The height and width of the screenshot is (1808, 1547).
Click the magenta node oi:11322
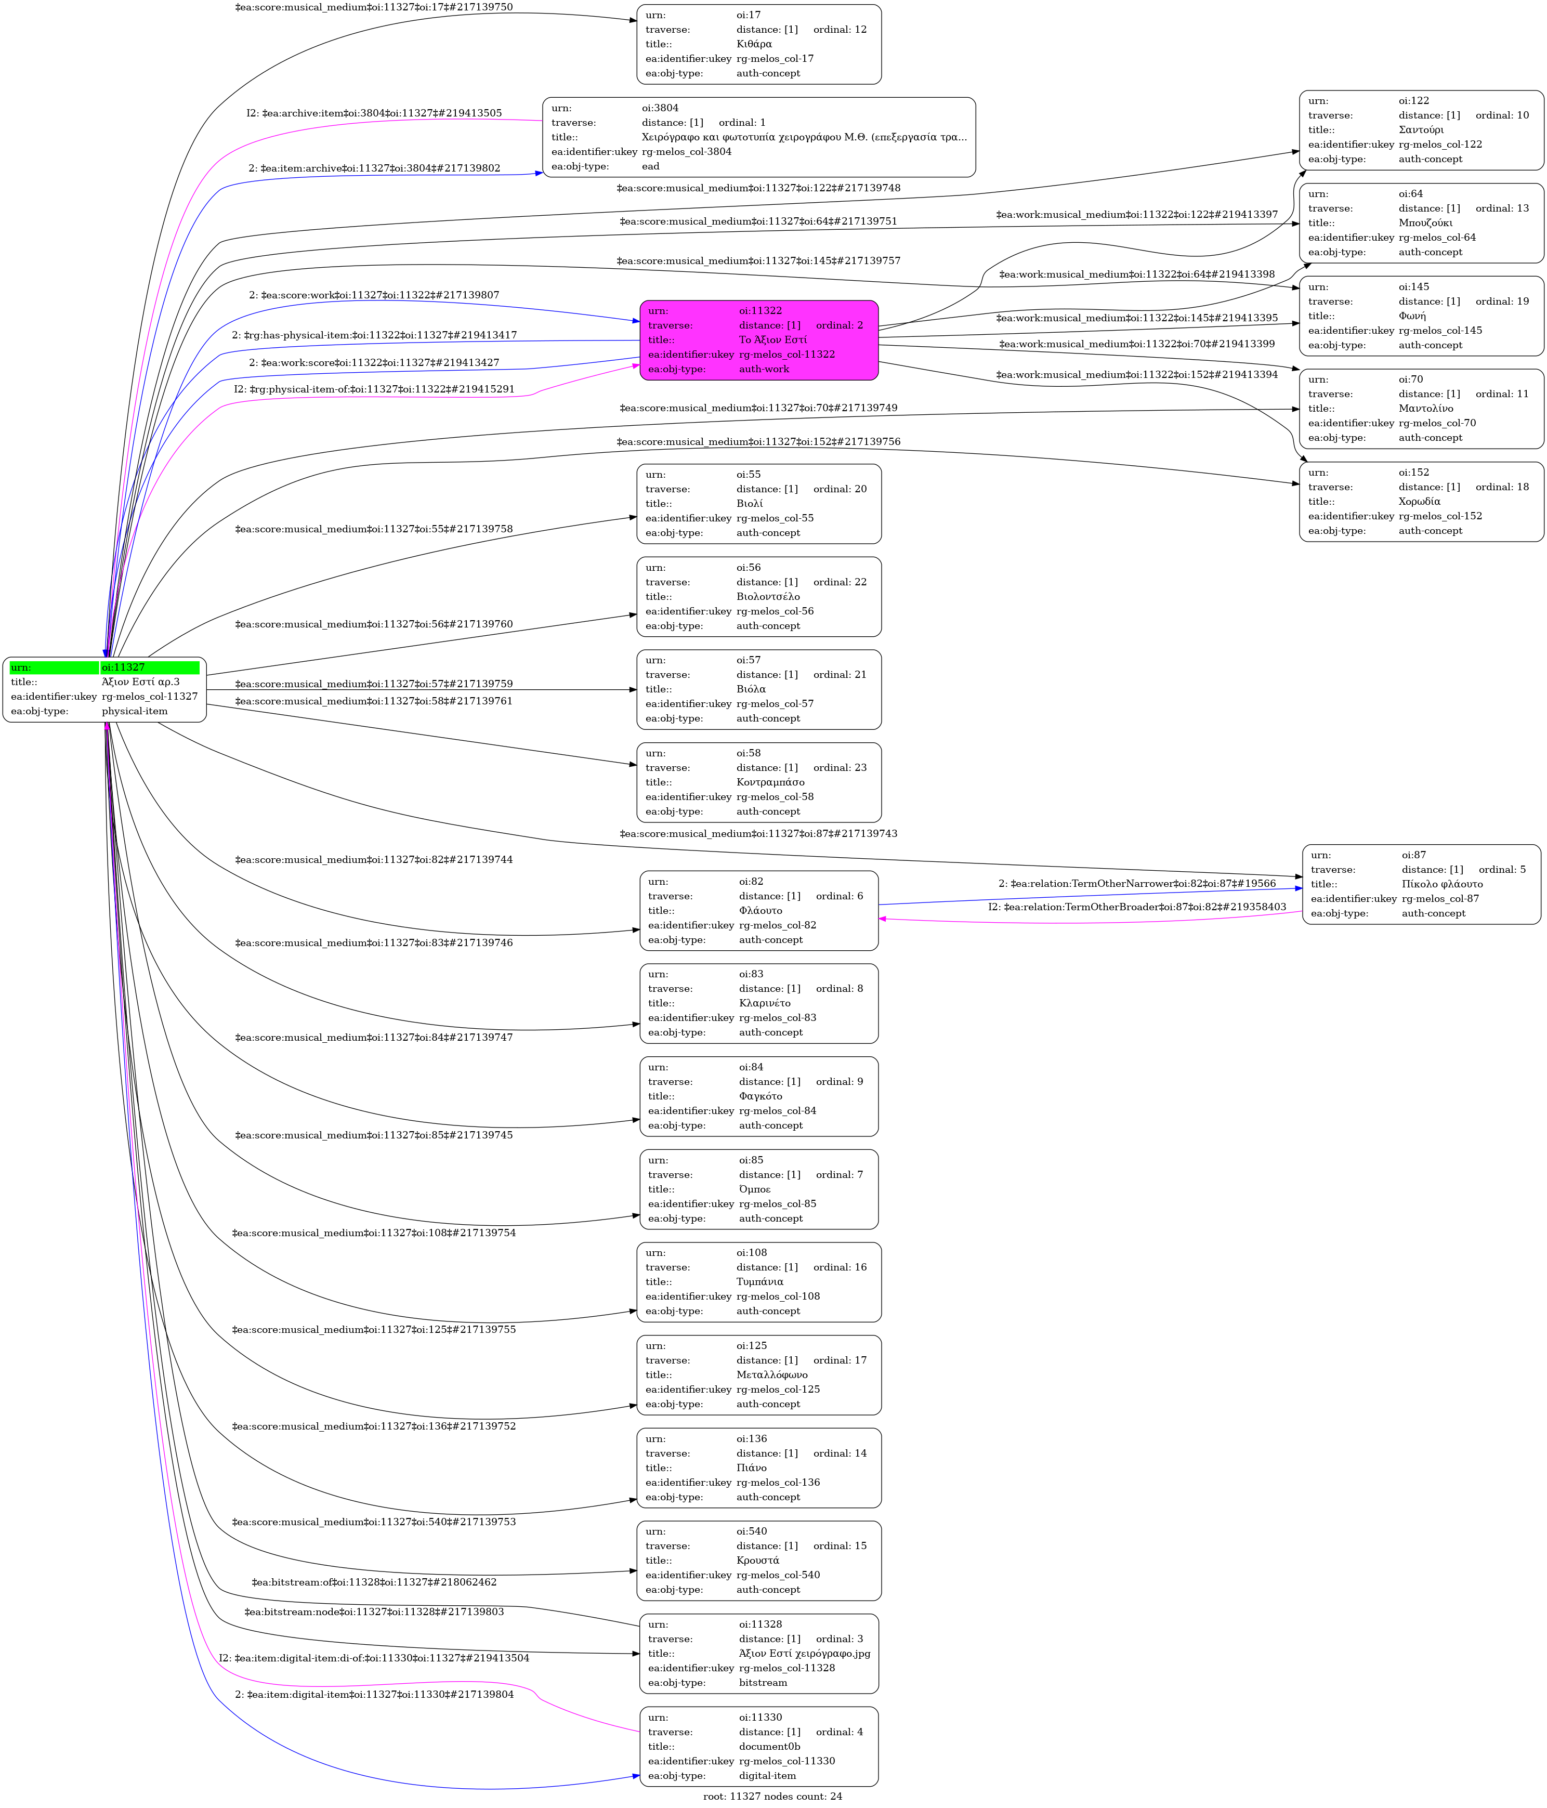point(758,340)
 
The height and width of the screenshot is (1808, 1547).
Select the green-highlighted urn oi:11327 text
point(123,667)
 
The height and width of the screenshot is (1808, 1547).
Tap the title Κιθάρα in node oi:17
point(754,44)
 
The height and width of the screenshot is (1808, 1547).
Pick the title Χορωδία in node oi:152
point(1420,502)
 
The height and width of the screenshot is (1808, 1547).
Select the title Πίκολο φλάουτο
point(1443,884)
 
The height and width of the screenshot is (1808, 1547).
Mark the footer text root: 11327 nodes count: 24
point(773,1796)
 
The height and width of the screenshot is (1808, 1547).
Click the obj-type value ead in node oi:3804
point(651,166)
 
